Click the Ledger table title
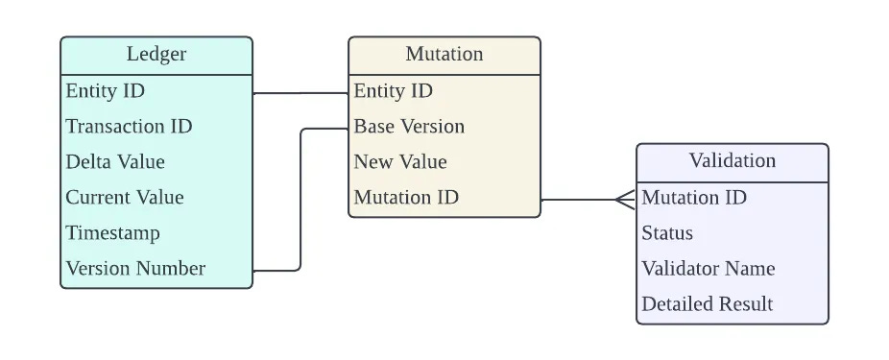[156, 54]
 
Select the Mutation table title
[444, 54]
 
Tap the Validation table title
[733, 160]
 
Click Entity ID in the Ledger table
[106, 90]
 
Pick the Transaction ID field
[130, 126]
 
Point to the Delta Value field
[115, 161]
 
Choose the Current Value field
[125, 198]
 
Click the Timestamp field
[113, 233]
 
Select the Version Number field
[135, 268]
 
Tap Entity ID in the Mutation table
[394, 90]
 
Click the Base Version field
[409, 126]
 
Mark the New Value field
[400, 161]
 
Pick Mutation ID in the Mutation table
[406, 198]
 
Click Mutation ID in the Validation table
[694, 198]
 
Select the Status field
[667, 233]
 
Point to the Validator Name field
[709, 268]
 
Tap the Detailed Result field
[708, 304]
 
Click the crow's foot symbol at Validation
[625, 200]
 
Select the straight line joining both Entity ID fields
[300, 93]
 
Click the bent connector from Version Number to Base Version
[300, 200]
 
